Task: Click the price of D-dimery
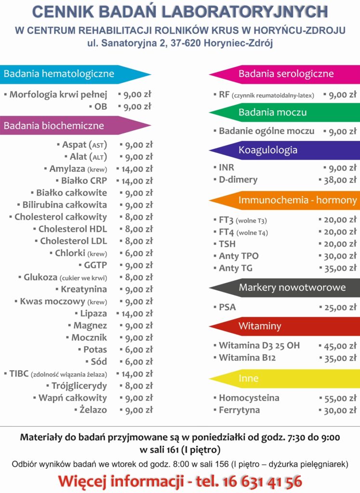click(339, 180)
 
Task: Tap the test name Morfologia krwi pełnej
click(58, 94)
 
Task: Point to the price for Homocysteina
click(339, 398)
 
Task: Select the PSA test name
click(227, 307)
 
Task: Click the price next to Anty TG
click(339, 268)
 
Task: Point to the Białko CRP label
click(84, 181)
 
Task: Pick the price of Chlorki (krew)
click(138, 253)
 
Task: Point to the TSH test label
click(227, 244)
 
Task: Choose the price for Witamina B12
click(339, 358)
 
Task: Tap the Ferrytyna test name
click(239, 410)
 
